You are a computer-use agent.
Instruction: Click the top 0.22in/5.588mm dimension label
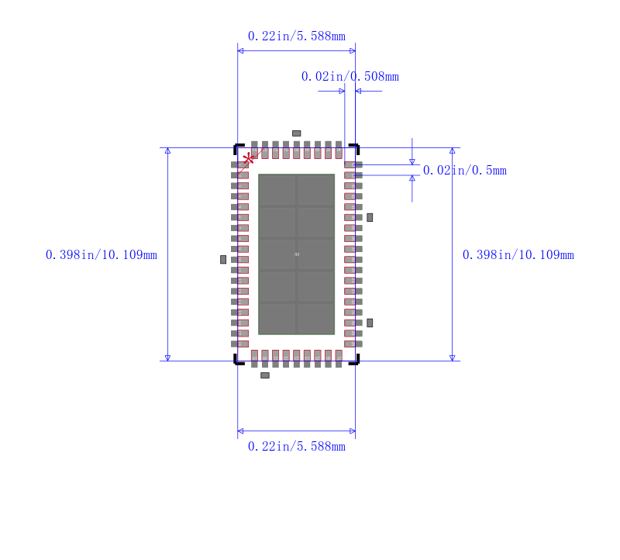pyautogui.click(x=296, y=36)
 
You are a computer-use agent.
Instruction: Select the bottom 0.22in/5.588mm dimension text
pyautogui.click(x=296, y=447)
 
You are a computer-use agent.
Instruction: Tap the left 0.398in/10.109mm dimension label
pyautogui.click(x=102, y=255)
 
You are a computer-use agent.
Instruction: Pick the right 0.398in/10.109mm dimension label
pyautogui.click(x=518, y=255)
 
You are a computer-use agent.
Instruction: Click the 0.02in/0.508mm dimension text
pyautogui.click(x=350, y=77)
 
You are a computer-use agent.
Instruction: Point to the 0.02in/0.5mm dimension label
pyautogui.click(x=464, y=171)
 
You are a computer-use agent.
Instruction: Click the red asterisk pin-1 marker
pyautogui.click(x=248, y=159)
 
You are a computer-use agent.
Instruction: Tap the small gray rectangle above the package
pyautogui.click(x=296, y=133)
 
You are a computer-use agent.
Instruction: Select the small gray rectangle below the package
pyautogui.click(x=265, y=375)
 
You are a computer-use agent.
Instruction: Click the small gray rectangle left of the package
pyautogui.click(x=223, y=259)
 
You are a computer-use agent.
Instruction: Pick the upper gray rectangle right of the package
pyautogui.click(x=370, y=217)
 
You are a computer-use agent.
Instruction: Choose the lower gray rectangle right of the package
pyautogui.click(x=370, y=323)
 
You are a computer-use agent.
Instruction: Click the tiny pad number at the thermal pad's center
pyautogui.click(x=297, y=254)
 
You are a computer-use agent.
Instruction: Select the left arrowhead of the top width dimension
pyautogui.click(x=240, y=51)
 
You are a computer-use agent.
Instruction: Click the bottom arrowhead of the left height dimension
pyautogui.click(x=167, y=358)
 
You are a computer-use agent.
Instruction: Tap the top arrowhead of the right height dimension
pyautogui.click(x=453, y=150)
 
